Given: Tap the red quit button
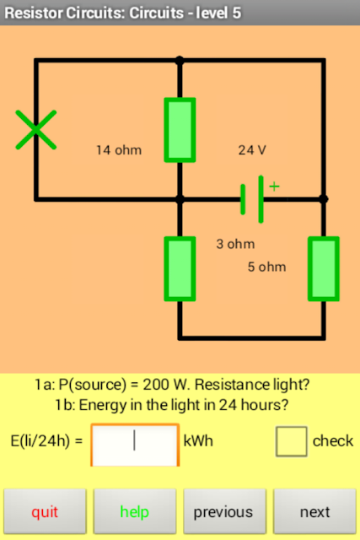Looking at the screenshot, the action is [x=45, y=511].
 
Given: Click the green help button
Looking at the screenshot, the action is [x=135, y=511].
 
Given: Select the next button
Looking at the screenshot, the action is [x=314, y=511].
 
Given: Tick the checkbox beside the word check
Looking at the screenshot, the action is [x=291, y=441].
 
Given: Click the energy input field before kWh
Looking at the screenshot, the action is [x=135, y=445].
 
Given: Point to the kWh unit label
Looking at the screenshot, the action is [x=198, y=440].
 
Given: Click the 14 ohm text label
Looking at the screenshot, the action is [x=119, y=150].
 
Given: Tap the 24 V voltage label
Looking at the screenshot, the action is [x=252, y=150].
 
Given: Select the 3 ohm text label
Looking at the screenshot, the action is [x=235, y=244].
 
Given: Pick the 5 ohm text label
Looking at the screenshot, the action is [x=266, y=267].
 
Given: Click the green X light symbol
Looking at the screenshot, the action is [x=35, y=130].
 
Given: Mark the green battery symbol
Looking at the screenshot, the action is [x=252, y=199].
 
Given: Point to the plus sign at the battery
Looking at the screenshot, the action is [x=274, y=186].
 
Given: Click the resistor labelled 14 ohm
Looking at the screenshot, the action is [x=180, y=130].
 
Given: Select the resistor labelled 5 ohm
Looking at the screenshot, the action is [x=324, y=268].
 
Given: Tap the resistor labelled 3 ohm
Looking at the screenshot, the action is [x=180, y=268].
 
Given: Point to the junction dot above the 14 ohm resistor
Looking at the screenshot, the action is [x=180, y=61].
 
